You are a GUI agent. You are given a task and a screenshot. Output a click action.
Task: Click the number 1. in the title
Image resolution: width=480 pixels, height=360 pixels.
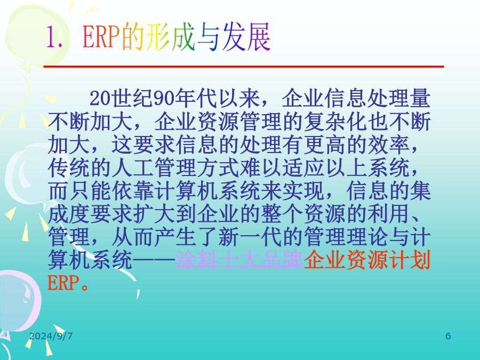pos(54,37)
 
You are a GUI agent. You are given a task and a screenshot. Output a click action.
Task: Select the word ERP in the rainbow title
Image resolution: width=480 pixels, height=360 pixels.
pos(101,37)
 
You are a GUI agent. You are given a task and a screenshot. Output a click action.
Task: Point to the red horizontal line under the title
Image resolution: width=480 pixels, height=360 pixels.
pos(244,67)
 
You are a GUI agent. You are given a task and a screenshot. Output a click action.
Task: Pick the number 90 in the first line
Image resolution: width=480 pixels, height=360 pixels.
pos(164,99)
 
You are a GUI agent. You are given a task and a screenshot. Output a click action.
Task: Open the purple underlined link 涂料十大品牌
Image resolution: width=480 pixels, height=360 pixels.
pos(239,260)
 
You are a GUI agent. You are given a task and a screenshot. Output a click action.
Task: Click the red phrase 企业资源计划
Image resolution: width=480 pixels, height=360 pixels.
pos(367,260)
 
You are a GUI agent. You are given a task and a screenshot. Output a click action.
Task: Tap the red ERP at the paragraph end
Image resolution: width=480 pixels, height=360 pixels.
pos(63,283)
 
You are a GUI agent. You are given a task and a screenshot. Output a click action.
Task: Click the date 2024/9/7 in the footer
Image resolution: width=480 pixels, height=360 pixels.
pos(51,336)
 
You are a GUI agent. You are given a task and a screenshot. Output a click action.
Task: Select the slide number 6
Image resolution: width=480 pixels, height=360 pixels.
pos(448,336)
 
